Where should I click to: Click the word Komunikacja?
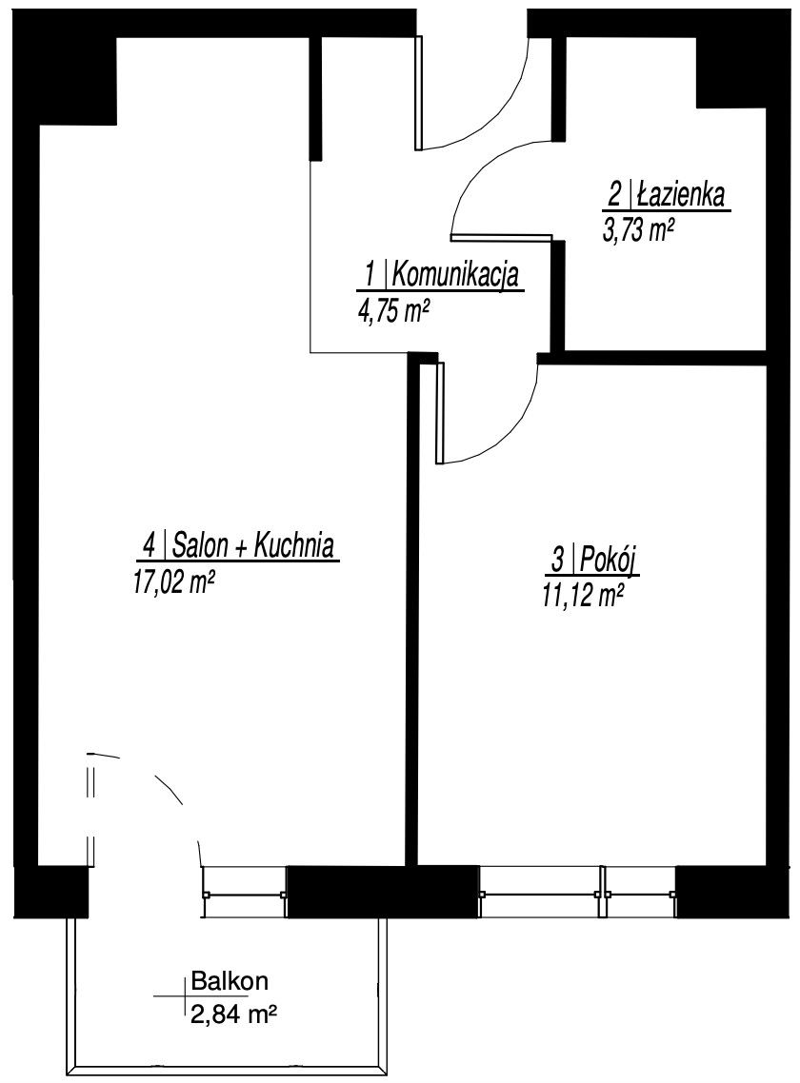(x=455, y=277)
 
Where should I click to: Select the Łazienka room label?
(x=680, y=197)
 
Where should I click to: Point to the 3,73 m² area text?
(x=639, y=230)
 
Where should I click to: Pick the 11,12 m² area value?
(x=579, y=594)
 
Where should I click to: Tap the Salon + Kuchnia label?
(x=253, y=545)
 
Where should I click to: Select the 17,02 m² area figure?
(x=171, y=583)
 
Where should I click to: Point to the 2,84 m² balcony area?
(x=233, y=1014)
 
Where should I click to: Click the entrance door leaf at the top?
(x=418, y=92)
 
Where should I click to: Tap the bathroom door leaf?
(x=501, y=237)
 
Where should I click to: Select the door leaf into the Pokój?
(x=440, y=412)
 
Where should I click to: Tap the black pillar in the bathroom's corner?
(x=730, y=72)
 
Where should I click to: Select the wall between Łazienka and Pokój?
(x=652, y=358)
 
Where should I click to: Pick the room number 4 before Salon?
(x=148, y=546)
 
